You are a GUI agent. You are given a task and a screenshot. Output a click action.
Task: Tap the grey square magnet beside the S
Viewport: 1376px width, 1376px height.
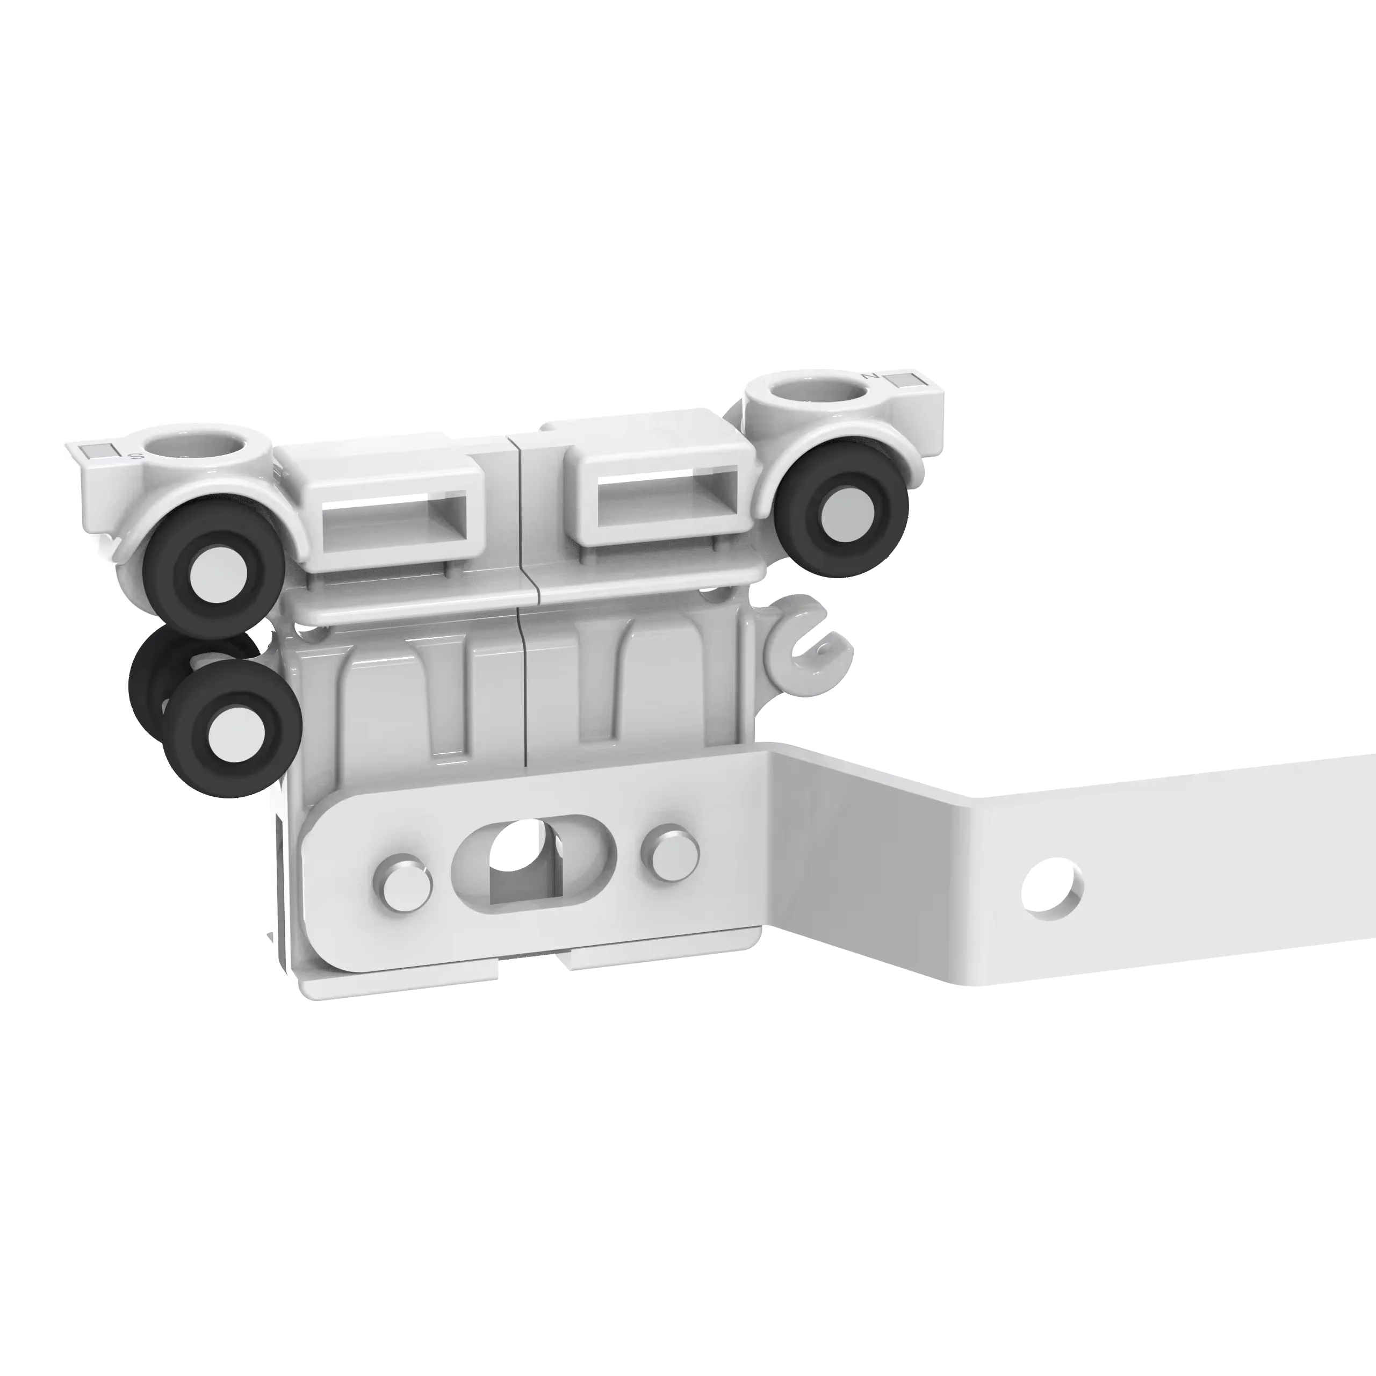96,450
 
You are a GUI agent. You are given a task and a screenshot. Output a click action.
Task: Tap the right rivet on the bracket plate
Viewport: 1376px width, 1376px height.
669,852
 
